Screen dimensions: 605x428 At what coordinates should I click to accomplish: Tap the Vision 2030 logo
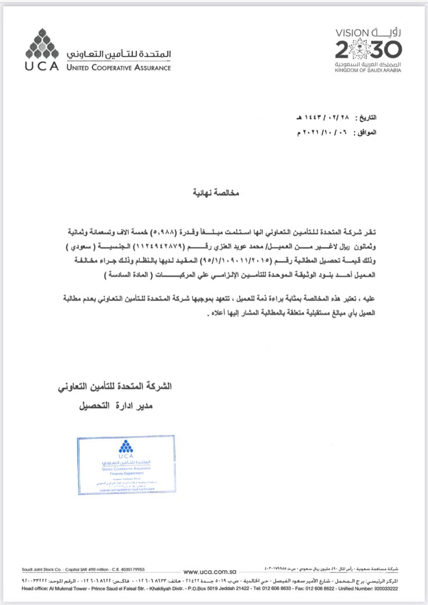(368, 50)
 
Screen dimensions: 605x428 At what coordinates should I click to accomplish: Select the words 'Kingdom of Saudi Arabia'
(368, 70)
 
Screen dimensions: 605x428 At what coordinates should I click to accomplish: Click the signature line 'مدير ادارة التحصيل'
(116, 406)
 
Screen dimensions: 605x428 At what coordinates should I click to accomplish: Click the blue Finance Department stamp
(126, 465)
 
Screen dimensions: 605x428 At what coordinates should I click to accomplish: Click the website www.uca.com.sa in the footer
(210, 571)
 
